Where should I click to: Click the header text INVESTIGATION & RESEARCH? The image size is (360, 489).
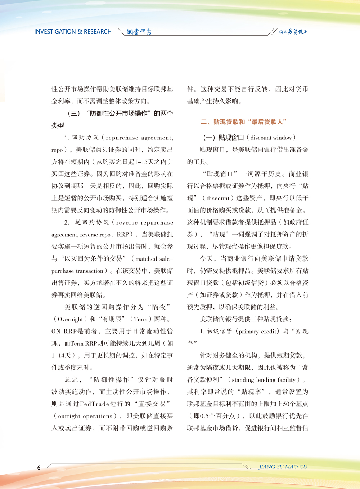pos(73,32)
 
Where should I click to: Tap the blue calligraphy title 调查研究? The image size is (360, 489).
pos(139,32)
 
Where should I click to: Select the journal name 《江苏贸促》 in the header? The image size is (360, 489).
pos(293,32)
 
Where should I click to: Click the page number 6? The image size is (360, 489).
pos(39,468)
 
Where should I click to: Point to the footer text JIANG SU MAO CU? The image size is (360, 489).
pos(283,467)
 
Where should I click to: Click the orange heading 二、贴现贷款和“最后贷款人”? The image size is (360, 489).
pos(243,122)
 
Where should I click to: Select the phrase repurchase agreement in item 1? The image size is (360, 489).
pos(139,138)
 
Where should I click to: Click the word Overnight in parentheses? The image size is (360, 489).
pos(70,319)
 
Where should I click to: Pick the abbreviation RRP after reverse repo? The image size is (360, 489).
pos(123,235)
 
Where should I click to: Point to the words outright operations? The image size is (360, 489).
pos(85,416)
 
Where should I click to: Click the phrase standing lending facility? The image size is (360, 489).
pos(264,380)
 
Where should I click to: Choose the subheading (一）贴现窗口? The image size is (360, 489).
pos(224,138)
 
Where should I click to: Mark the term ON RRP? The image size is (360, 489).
pos(64,332)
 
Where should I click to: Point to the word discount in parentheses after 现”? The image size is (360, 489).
pos(218,198)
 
